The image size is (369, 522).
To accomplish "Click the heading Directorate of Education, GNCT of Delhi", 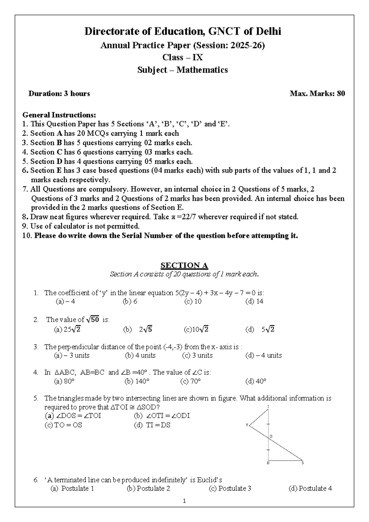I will click(x=183, y=31).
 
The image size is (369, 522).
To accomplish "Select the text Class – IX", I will click(x=183, y=58).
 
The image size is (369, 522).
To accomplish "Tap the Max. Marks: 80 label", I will click(x=317, y=94).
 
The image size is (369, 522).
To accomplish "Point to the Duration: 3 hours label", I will click(x=59, y=94).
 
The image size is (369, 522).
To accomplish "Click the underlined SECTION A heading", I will click(x=184, y=265).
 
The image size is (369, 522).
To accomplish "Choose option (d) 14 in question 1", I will click(x=254, y=301).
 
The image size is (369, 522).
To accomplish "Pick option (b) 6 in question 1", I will click(x=130, y=301).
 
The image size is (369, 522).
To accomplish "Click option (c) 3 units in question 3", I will click(x=197, y=355).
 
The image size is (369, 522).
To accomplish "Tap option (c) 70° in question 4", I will click(x=191, y=382).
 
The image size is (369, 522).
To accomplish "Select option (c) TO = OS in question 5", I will click(x=63, y=425).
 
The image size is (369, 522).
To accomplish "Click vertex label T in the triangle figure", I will click(x=247, y=425).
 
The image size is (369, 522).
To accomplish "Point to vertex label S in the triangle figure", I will click(x=303, y=463).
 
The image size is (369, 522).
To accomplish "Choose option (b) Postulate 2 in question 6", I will click(x=149, y=488).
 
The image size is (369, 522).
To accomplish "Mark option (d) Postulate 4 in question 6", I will click(x=310, y=488).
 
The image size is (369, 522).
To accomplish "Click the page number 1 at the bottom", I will click(x=184, y=501).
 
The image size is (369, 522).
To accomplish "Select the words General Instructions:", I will click(x=59, y=115).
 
